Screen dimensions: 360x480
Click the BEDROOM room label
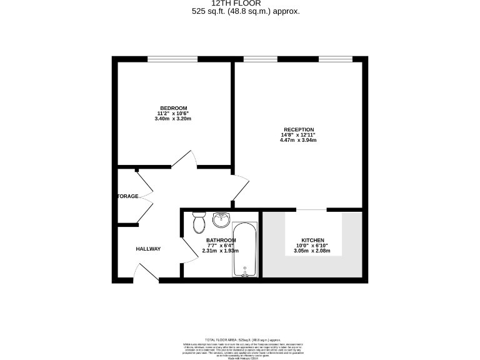coord(173,107)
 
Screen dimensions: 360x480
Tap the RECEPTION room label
coord(298,129)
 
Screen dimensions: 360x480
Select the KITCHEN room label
coord(312,241)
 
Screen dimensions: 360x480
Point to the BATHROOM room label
coord(221,241)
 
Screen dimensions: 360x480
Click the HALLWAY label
coord(148,249)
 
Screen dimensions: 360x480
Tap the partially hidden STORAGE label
coord(127,196)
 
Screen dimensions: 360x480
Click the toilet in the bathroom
coord(199,222)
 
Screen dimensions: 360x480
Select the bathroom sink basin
coord(221,220)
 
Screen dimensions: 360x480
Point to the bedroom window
coord(173,60)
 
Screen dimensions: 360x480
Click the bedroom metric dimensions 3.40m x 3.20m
coord(173,119)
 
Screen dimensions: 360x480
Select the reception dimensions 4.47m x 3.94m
coord(298,140)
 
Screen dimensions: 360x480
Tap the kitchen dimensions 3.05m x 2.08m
coord(312,251)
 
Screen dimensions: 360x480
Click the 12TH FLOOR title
coord(241,3)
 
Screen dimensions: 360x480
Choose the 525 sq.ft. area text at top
coord(241,11)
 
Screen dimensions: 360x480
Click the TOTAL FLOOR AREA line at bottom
coord(240,339)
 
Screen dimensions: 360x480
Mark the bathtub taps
coord(246,274)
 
